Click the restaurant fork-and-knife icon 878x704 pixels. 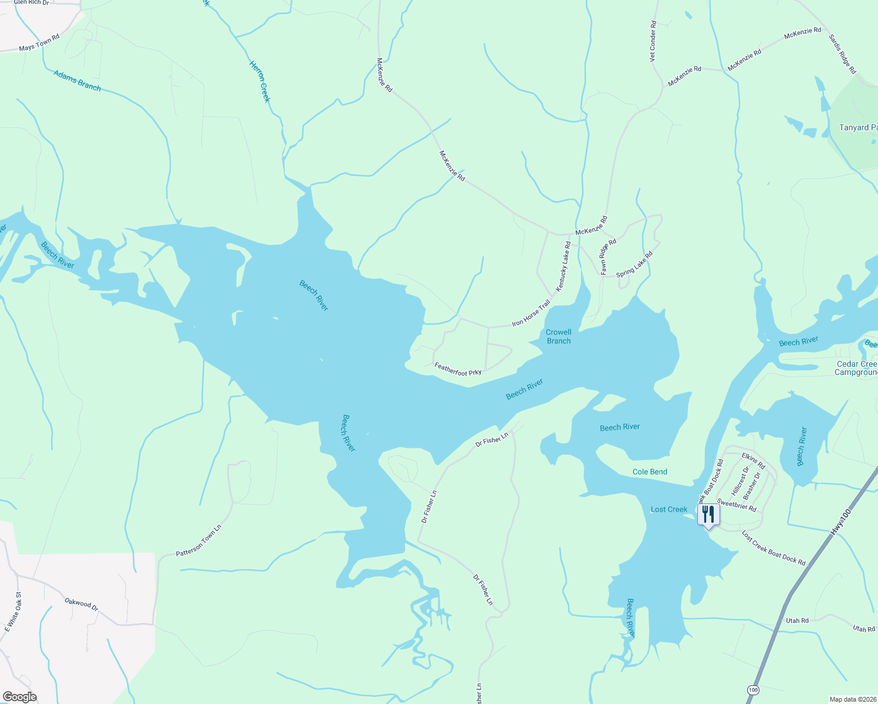pos(708,515)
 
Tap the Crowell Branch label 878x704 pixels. pos(558,336)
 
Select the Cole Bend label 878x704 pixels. pos(650,472)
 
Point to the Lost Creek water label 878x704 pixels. pos(668,509)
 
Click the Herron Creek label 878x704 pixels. pos(259,82)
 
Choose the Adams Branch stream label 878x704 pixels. pos(77,80)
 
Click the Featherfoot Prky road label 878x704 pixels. pos(458,369)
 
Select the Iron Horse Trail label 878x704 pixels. pos(531,313)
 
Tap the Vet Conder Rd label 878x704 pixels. pos(653,41)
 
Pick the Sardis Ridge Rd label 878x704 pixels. pos(842,54)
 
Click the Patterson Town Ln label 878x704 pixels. pos(199,541)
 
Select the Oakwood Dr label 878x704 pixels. pos(82,603)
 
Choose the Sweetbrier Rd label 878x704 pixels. pos(737,505)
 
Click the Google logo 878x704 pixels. pos(19,697)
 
